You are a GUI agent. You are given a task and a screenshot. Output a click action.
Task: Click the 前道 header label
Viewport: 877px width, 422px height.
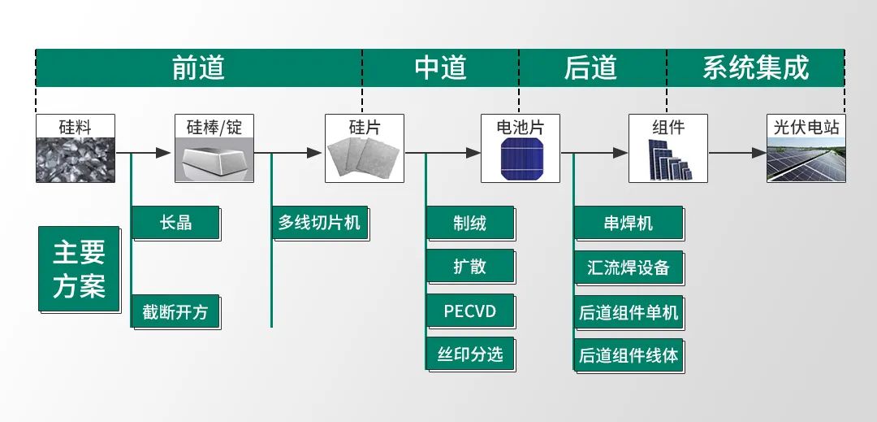click(198, 67)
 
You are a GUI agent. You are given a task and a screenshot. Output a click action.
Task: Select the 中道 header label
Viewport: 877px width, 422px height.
click(440, 67)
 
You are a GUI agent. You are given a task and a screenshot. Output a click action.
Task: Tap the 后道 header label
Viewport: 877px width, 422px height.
click(590, 67)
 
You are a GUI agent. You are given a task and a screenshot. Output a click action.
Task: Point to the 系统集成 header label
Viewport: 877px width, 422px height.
click(755, 67)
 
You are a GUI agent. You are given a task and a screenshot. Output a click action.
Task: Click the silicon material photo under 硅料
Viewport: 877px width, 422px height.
click(76, 159)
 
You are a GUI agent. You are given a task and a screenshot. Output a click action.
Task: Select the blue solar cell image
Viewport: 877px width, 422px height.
click(520, 159)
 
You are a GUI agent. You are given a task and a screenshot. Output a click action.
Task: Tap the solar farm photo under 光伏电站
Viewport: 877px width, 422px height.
click(806, 159)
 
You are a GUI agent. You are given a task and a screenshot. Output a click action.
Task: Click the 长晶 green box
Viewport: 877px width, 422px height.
click(175, 222)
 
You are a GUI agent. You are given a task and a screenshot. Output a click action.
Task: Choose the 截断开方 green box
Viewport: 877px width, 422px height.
click(175, 311)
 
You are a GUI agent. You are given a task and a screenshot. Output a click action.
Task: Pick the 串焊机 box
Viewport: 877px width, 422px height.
click(628, 222)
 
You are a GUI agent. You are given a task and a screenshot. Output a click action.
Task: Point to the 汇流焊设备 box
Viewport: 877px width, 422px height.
click(628, 267)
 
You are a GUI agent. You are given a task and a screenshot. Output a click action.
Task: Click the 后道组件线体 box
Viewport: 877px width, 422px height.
click(628, 355)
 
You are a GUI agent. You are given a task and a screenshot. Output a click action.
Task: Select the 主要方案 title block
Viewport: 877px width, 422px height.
click(79, 269)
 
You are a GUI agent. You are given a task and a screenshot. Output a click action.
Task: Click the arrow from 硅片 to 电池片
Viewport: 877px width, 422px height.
click(443, 152)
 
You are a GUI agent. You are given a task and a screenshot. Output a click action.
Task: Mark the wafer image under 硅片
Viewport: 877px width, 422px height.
click(365, 159)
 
